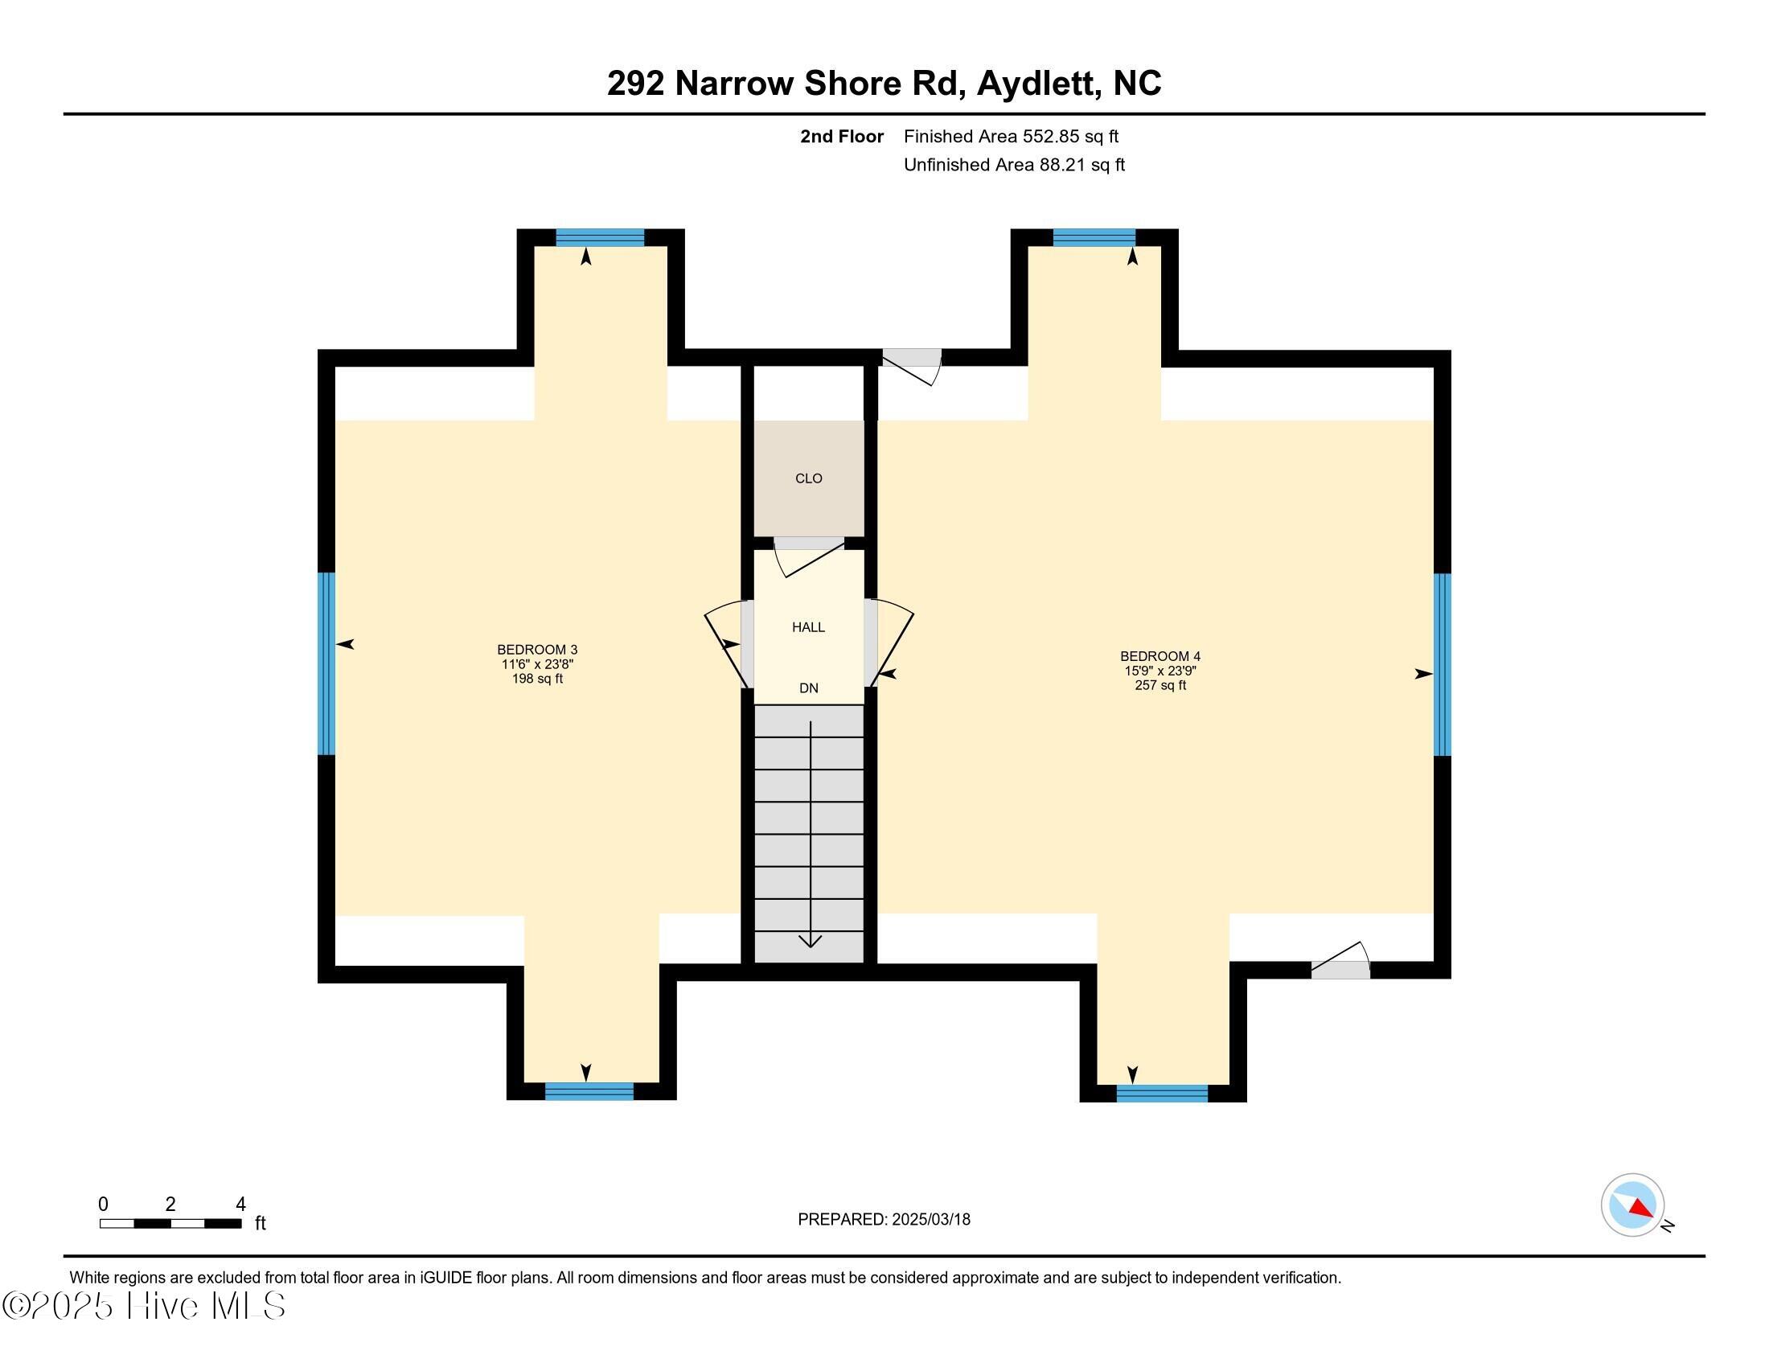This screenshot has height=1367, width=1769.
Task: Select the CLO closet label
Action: point(808,478)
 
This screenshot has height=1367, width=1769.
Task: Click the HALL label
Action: point(808,627)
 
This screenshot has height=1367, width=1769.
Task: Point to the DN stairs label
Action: point(808,688)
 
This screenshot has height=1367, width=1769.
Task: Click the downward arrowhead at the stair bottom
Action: point(810,940)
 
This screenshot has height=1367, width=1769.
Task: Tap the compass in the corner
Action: point(1632,1205)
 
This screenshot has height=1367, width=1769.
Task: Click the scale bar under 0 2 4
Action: point(170,1224)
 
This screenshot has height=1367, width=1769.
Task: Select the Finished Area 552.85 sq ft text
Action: point(1010,136)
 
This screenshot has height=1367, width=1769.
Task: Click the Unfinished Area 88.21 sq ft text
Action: point(1013,164)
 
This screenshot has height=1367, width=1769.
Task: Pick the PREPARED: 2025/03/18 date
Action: point(884,1220)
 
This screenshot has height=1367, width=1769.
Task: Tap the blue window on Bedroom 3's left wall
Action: point(326,663)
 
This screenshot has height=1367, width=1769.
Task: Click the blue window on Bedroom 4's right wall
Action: point(1442,664)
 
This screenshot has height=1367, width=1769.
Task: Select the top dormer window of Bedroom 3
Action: point(599,237)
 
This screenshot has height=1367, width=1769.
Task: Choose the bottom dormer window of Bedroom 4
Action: point(1162,1094)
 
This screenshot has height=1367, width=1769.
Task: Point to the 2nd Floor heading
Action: point(842,136)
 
